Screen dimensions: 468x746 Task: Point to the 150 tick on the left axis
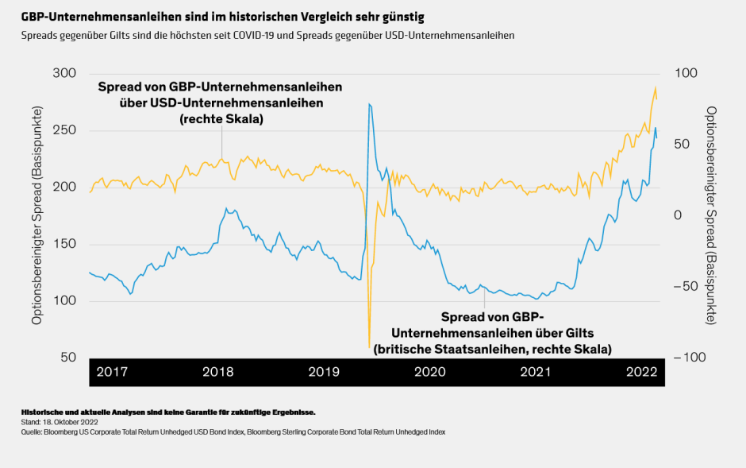(63, 244)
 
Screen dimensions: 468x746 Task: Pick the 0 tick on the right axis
(679, 215)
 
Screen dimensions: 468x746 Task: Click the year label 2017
(112, 372)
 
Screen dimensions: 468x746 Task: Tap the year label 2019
(324, 372)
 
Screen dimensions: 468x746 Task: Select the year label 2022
(641, 372)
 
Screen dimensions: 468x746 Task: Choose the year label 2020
(429, 372)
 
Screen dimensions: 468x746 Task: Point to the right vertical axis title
(712, 215)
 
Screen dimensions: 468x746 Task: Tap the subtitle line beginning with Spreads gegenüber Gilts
(267, 36)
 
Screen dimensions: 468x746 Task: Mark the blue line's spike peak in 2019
(370, 104)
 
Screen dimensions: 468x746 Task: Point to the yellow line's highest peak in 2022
(656, 87)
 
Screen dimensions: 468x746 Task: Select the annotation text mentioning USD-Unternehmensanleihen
(221, 102)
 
